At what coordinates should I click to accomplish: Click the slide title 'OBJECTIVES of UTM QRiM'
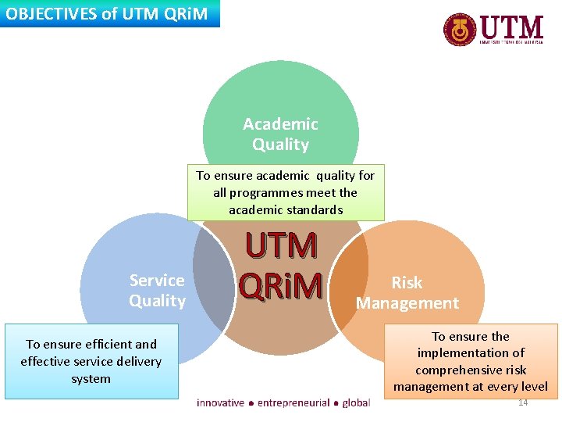108,13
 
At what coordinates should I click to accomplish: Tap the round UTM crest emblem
460,30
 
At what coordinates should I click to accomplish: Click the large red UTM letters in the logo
511,27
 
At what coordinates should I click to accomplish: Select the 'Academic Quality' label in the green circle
280,134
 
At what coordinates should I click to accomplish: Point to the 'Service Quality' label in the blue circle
157,290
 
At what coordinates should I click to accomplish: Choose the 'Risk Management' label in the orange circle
407,292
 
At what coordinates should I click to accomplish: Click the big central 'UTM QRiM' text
281,266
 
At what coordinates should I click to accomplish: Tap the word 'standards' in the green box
317,209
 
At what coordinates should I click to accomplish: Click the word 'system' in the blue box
91,378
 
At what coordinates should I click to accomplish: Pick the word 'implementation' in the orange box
471,352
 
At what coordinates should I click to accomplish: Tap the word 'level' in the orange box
533,386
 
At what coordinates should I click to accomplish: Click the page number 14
523,402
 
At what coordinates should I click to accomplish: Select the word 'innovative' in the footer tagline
220,402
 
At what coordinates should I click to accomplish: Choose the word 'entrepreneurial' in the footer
293,402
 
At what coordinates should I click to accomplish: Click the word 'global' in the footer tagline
356,402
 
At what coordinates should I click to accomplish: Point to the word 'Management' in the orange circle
407,302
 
